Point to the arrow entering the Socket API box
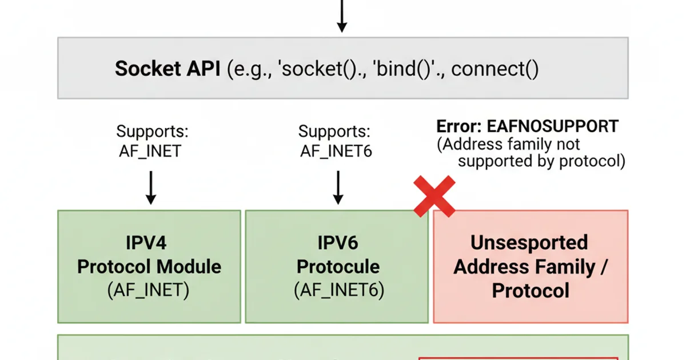coord(341,16)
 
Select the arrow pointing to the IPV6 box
coord(338,187)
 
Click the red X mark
coord(434,197)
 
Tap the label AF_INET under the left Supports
coord(150,151)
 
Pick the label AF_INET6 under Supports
coord(337,151)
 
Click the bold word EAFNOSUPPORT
coord(552,127)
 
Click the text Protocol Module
coord(149,266)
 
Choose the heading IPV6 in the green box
coord(337,243)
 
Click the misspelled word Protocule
coord(337,266)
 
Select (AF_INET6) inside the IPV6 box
coord(337,290)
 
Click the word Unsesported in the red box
coord(529,242)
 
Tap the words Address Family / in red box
coord(531,266)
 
